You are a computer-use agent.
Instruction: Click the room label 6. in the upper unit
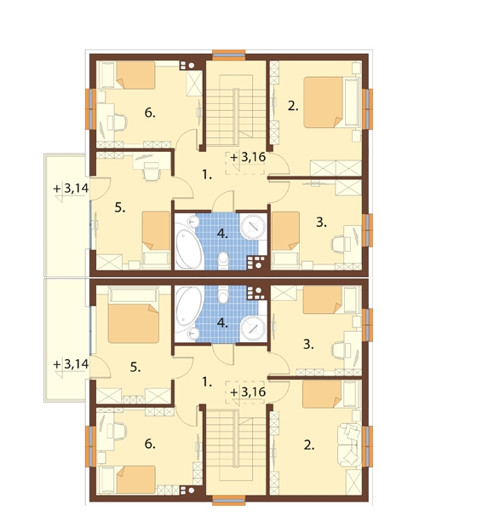click(x=150, y=113)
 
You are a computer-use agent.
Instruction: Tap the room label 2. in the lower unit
click(x=309, y=445)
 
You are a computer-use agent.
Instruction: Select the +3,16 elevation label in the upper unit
click(x=248, y=157)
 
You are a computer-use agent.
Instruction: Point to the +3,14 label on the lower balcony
click(x=71, y=364)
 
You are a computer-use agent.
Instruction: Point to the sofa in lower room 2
click(x=349, y=445)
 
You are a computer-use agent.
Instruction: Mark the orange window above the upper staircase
click(x=229, y=55)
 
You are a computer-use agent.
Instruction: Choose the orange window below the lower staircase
click(x=229, y=500)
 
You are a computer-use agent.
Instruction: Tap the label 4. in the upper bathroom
click(x=222, y=234)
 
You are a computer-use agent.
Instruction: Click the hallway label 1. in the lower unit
click(x=206, y=382)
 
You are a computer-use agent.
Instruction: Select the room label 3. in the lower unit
click(x=308, y=345)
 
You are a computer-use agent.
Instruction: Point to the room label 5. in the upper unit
click(x=120, y=207)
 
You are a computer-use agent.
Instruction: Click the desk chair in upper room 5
click(x=151, y=171)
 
